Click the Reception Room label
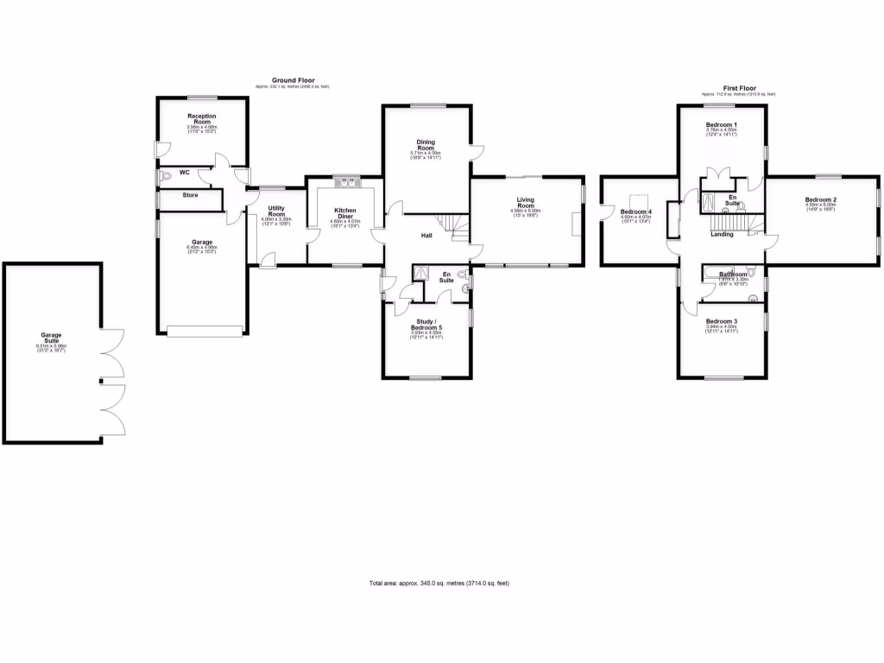[201, 118]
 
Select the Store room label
[189, 195]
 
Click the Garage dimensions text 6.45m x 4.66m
[201, 248]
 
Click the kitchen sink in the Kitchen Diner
[345, 182]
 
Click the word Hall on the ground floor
[426, 235]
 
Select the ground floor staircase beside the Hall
[455, 229]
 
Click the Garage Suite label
[51, 338]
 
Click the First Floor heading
[739, 87]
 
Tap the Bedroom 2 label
[822, 199]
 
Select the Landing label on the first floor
[722, 234]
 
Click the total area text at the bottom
[439, 584]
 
